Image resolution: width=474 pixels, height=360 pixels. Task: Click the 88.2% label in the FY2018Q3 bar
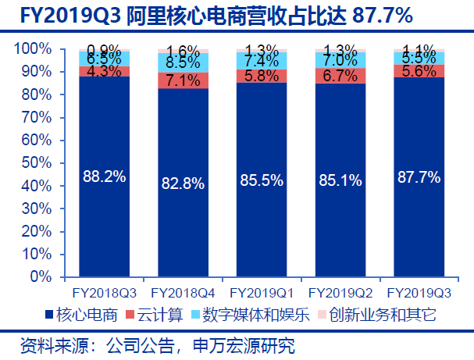click(104, 176)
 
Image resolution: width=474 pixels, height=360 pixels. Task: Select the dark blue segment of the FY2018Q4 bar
click(182, 226)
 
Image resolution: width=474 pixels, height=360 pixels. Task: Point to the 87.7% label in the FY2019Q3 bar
click(419, 176)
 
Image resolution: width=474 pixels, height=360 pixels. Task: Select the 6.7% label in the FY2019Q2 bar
click(340, 76)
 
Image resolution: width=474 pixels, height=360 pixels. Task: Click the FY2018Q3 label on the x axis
click(104, 294)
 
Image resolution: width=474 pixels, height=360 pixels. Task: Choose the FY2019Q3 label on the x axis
click(419, 294)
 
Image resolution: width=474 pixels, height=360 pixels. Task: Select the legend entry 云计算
click(159, 315)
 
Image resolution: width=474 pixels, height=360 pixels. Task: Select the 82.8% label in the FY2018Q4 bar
click(182, 184)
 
